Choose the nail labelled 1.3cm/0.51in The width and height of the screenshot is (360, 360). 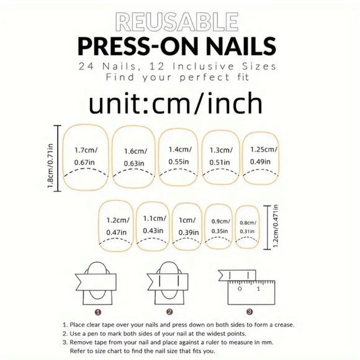pyautogui.click(x=220, y=158)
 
